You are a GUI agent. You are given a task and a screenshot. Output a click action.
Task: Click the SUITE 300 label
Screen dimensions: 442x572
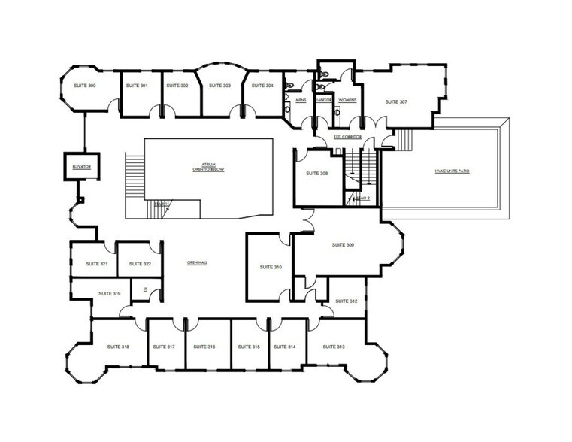84,86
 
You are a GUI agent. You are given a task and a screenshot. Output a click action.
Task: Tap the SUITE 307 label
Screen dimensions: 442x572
396,101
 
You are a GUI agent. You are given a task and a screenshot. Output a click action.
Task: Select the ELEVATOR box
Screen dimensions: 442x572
77,165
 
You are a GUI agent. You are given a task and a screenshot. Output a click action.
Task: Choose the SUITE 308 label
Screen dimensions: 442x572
317,174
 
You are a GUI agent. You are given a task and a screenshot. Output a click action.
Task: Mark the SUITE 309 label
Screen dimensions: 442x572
344,245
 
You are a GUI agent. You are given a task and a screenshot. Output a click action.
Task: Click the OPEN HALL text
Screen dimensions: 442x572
197,262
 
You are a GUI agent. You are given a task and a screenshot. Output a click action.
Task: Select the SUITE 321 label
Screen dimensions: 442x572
96,264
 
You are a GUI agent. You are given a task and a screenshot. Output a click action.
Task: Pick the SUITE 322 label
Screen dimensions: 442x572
140,264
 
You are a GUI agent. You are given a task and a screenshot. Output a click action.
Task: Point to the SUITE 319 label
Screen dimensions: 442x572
110,294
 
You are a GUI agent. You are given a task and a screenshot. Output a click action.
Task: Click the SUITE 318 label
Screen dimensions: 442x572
119,347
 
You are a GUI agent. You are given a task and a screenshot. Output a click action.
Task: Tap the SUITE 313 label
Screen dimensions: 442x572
334,347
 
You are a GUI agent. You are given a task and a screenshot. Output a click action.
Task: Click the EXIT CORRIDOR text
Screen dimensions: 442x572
348,137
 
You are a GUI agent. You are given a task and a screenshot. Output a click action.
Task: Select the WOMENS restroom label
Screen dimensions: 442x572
347,100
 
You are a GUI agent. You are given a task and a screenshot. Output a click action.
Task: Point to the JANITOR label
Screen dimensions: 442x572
324,100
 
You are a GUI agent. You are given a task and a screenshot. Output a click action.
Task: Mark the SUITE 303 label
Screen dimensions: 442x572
219,86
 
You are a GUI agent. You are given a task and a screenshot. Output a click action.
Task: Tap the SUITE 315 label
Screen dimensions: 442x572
249,347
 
